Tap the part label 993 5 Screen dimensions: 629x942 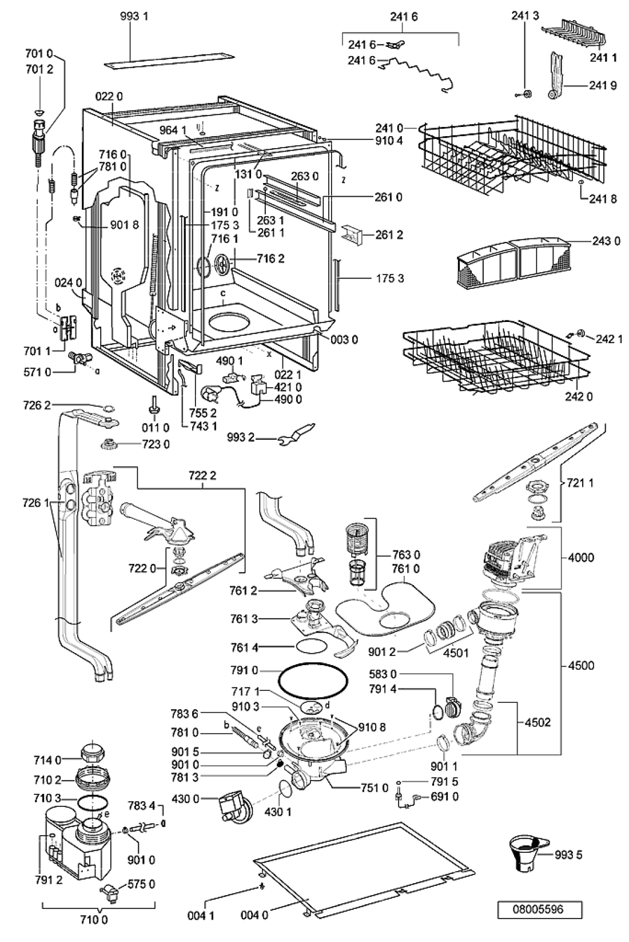(568, 854)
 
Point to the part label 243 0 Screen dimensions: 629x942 (606, 241)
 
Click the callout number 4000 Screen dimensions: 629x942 (580, 558)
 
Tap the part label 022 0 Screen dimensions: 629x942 (109, 96)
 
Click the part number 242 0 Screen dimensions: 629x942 (579, 396)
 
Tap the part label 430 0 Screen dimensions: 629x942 (185, 798)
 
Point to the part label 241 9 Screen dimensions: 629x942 (603, 85)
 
